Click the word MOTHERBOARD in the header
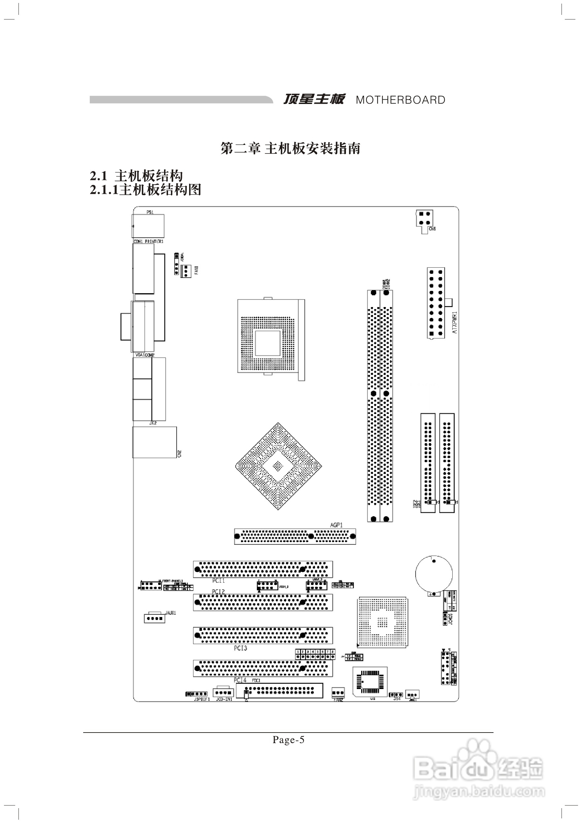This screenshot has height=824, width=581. point(400,100)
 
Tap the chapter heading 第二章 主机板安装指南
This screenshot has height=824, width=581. point(290,148)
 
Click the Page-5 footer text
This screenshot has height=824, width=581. point(288,740)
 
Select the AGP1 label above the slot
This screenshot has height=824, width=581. point(336,525)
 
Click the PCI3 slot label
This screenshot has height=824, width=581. point(240,648)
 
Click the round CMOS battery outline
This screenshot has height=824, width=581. point(434,573)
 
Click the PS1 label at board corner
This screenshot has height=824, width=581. point(150,212)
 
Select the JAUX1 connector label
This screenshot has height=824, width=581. point(170,613)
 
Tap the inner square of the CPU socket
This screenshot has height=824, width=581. point(267,343)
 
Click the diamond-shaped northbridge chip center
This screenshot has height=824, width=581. point(278,466)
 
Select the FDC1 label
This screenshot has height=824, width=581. point(256,680)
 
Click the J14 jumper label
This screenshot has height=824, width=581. point(396,699)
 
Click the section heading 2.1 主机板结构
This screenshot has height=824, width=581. point(136,176)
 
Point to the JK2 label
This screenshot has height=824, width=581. point(153,423)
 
